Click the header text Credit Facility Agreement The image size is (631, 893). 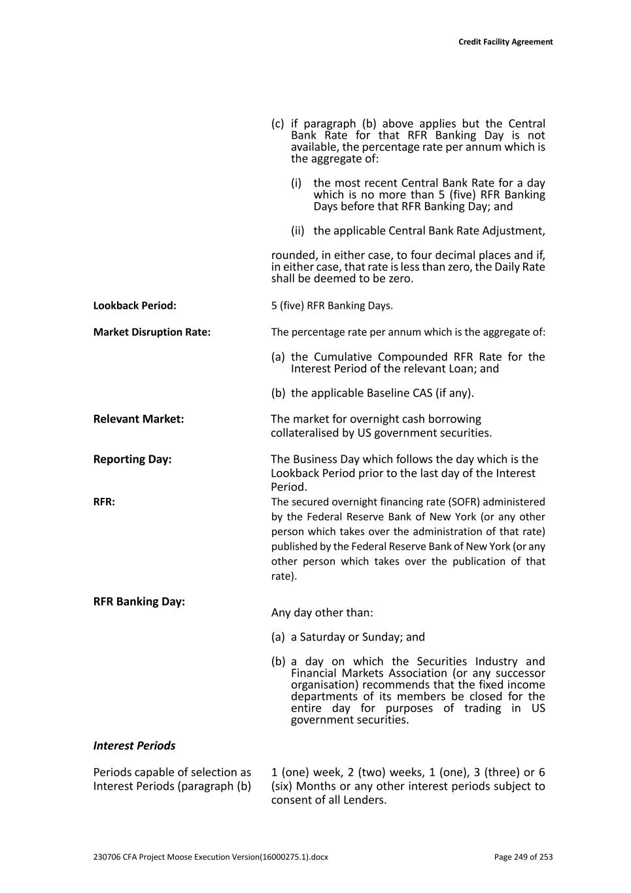pos(505,42)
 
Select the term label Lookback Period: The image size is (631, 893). pos(135,306)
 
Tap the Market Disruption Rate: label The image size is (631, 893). pos(152,332)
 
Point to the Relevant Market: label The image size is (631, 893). pos(139,419)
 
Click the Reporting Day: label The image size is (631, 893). pos(132,459)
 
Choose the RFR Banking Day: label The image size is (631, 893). pos(139,601)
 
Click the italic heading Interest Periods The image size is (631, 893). pos(134,746)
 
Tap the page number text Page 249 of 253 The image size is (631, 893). pos(523,857)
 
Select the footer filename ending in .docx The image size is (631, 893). pos(211,857)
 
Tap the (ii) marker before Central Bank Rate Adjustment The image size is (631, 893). pos(298,231)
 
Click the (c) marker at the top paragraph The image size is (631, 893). pos(278,124)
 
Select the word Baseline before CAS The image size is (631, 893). pos(388,393)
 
